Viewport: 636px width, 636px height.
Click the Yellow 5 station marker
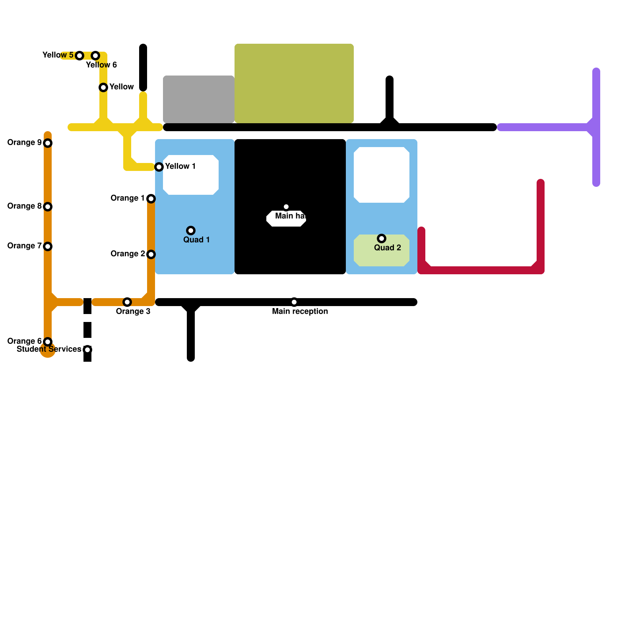click(x=79, y=55)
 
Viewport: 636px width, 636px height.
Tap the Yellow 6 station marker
click(x=95, y=55)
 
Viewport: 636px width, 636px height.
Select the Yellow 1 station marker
click(x=159, y=167)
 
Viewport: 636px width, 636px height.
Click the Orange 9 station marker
click(x=48, y=143)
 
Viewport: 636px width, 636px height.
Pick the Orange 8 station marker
click(x=48, y=206)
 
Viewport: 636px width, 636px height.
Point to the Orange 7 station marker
click(x=48, y=246)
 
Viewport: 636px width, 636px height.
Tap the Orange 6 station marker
click(x=48, y=341)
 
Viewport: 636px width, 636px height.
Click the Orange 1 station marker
click(x=151, y=198)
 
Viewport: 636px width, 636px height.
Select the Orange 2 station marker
click(x=151, y=254)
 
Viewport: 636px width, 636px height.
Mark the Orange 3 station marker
click(x=127, y=302)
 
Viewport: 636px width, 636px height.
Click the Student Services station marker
click(x=87, y=349)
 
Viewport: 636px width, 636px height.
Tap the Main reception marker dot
click(x=294, y=302)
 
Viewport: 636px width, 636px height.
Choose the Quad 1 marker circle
click(x=191, y=230)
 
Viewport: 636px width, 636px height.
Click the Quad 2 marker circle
click(x=382, y=238)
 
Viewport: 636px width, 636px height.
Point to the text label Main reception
click(x=300, y=311)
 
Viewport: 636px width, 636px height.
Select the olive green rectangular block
click(x=294, y=83)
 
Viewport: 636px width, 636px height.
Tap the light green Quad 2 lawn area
click(x=382, y=256)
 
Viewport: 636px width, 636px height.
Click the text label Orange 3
click(x=133, y=311)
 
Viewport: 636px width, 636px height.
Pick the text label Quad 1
click(x=196, y=240)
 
